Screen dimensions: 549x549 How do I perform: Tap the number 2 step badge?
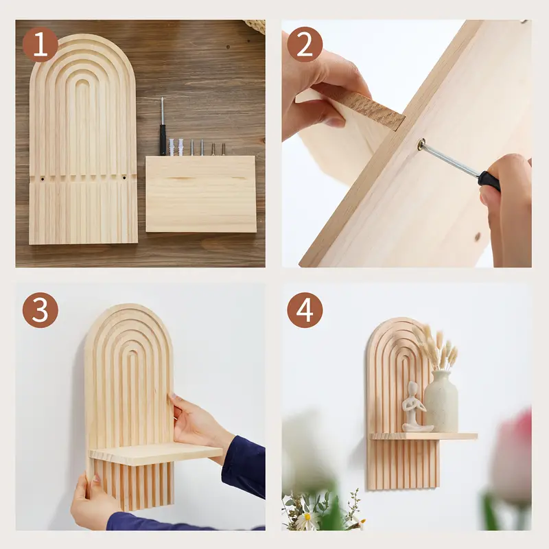(305, 45)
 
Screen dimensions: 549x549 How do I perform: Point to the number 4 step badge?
(305, 310)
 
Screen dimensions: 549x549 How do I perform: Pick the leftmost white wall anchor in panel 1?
(172, 147)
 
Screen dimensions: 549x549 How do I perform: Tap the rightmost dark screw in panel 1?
(223, 148)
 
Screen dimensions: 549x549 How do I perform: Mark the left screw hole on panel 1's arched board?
(42, 178)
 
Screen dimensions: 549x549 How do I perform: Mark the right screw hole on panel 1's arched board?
(124, 178)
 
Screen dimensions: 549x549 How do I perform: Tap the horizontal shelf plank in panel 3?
(154, 454)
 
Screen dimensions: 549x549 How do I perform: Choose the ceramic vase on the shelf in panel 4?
(441, 403)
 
